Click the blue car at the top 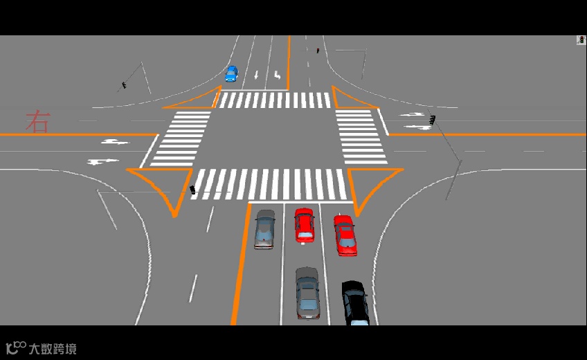(x=231, y=73)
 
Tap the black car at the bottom (x=356, y=303)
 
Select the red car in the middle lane (x=304, y=224)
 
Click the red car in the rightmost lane (x=345, y=235)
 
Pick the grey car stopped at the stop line (x=264, y=228)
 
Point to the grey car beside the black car (x=307, y=292)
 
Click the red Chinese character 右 (x=38, y=122)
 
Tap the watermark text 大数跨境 (x=52, y=348)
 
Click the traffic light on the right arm (x=433, y=120)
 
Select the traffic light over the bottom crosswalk (x=192, y=190)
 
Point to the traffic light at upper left (x=124, y=85)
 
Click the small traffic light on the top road (x=318, y=51)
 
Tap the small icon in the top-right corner (x=581, y=40)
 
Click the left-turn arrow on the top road (x=277, y=74)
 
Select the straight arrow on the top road (x=256, y=74)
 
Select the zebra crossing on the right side (x=360, y=136)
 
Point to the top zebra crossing (x=276, y=100)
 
